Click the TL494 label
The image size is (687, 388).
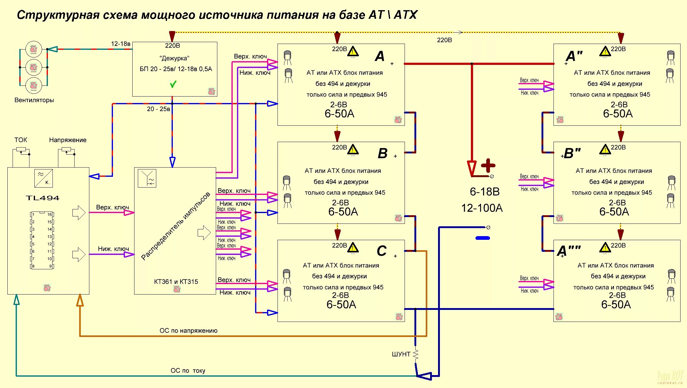pyautogui.click(x=42, y=198)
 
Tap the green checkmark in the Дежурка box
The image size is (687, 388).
pyautogui.click(x=173, y=84)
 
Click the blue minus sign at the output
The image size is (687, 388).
pyautogui.click(x=483, y=238)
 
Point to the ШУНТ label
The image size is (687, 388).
pyautogui.click(x=401, y=354)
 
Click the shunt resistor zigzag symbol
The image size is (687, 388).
pyautogui.click(x=416, y=354)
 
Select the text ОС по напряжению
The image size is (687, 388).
pyautogui.click(x=188, y=331)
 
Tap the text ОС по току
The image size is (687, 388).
pyautogui.click(x=188, y=370)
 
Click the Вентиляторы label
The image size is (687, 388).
pyautogui.click(x=34, y=100)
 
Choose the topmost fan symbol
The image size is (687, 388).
pyautogui.click(x=33, y=49)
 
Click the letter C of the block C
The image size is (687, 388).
pyautogui.click(x=382, y=251)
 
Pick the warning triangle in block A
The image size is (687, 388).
pyautogui.click(x=353, y=51)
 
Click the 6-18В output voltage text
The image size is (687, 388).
pyautogui.click(x=484, y=192)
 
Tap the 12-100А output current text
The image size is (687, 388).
pyautogui.click(x=482, y=208)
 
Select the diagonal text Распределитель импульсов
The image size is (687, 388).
pyautogui.click(x=176, y=226)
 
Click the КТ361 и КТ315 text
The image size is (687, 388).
pyautogui.click(x=176, y=282)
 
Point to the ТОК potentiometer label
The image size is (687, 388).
pyautogui.click(x=21, y=140)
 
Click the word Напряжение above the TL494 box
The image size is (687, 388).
pyautogui.click(x=68, y=140)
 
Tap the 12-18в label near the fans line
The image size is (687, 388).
pyautogui.click(x=121, y=44)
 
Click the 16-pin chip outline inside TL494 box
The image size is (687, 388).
pyautogui.click(x=42, y=240)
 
